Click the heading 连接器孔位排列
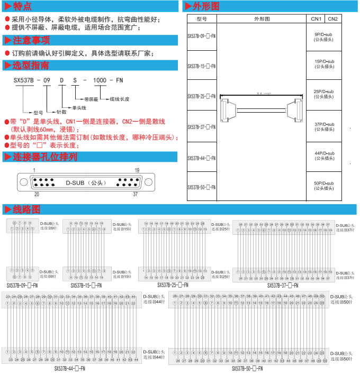(44, 157)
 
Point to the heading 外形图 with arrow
(204, 7)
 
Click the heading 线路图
(26, 209)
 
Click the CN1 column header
(316, 19)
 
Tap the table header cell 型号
(201, 19)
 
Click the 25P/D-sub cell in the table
(323, 94)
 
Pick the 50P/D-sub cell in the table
(323, 186)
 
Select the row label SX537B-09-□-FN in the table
(202, 37)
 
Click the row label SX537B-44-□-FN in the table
(202, 158)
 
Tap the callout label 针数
(61, 112)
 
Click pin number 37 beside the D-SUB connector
(136, 194)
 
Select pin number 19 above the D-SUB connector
(137, 170)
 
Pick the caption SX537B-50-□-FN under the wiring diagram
(247, 368)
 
